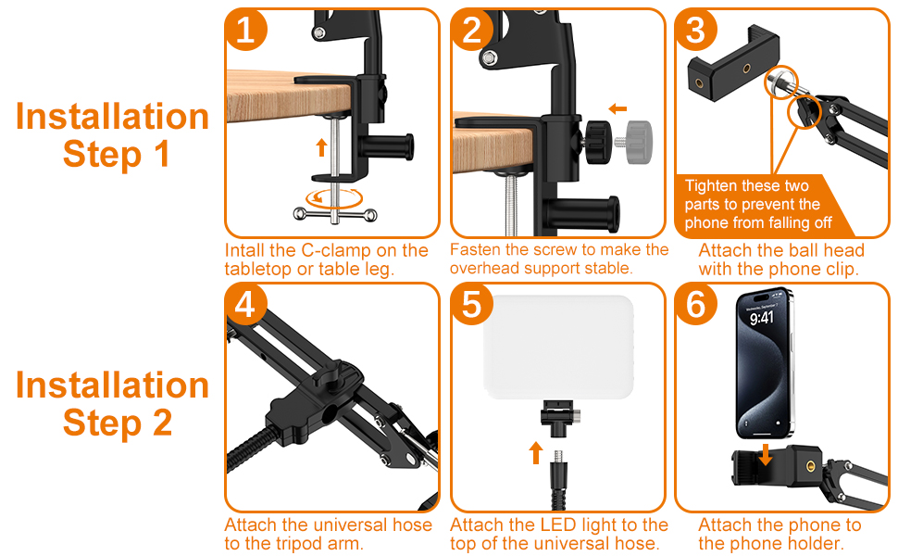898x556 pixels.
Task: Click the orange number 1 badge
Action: pos(245,30)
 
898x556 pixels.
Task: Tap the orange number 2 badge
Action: pos(471,30)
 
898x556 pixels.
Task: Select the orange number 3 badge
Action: pos(696,30)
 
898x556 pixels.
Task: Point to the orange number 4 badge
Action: pos(245,304)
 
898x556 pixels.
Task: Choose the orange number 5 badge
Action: pos(471,304)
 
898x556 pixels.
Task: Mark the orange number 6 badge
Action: pos(696,304)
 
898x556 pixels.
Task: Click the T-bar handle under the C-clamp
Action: pos(335,215)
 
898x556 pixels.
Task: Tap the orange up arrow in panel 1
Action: pos(322,147)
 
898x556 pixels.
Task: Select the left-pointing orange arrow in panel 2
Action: pos(617,109)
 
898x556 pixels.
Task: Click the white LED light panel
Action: pos(559,347)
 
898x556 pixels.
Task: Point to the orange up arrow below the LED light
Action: pos(535,453)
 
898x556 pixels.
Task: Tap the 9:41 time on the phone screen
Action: pos(762,318)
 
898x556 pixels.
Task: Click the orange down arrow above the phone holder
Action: pos(765,455)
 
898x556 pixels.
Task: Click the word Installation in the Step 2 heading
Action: pos(112,385)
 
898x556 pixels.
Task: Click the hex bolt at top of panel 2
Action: pos(490,57)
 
